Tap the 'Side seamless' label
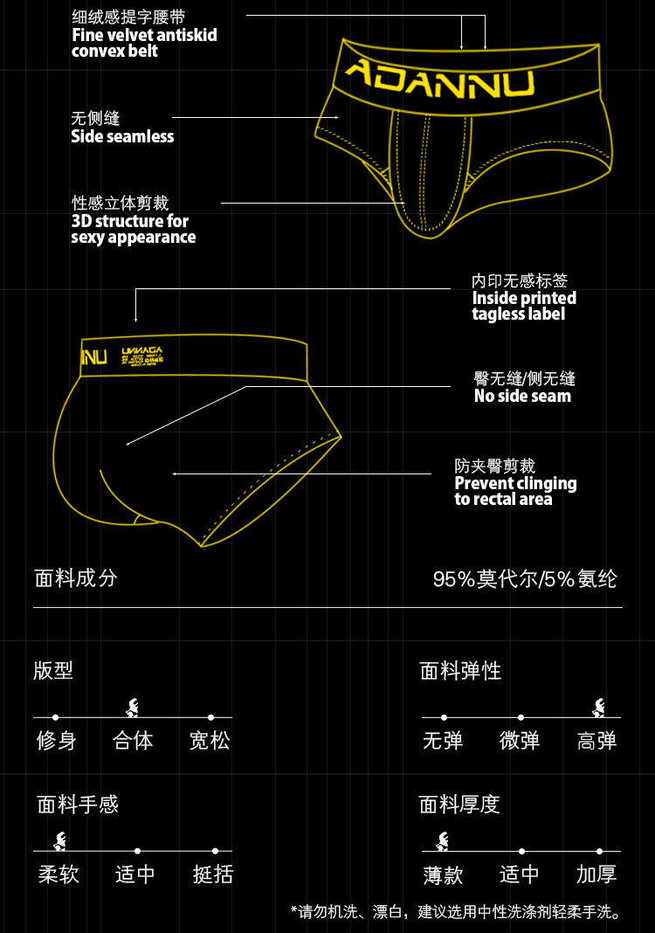click(122, 136)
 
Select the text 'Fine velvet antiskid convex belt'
click(144, 43)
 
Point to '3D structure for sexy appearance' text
click(133, 229)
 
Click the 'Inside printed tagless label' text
click(524, 306)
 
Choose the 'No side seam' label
click(522, 396)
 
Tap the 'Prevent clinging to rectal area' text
click(515, 491)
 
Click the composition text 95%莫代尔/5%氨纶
click(525, 579)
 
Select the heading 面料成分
click(76, 577)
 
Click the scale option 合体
click(133, 741)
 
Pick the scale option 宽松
click(210, 741)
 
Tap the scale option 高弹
click(597, 741)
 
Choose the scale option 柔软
click(59, 874)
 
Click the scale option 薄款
click(444, 874)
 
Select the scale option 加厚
click(596, 874)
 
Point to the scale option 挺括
click(213, 874)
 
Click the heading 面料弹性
click(460, 671)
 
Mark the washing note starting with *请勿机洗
click(456, 912)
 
